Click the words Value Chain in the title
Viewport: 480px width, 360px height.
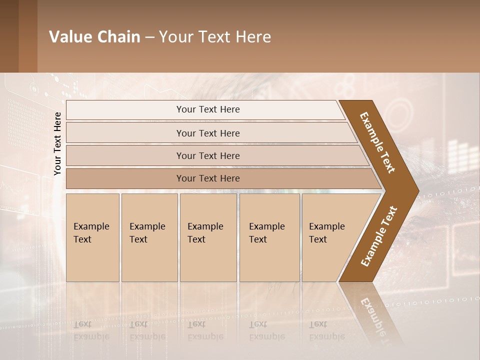point(94,37)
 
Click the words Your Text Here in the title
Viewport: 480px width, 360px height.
point(215,37)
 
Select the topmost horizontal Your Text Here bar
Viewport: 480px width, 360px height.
point(207,109)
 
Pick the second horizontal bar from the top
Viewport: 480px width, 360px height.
point(207,133)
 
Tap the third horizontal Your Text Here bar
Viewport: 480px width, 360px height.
point(207,155)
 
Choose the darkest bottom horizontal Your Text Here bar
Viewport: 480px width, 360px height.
point(207,178)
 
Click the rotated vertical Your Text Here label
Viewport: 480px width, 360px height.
point(57,143)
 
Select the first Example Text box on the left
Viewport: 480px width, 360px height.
point(92,237)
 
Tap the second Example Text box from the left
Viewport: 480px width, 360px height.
point(149,237)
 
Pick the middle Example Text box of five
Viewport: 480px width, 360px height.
point(208,237)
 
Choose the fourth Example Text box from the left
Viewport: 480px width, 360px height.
point(269,237)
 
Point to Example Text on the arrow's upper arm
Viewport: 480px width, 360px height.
point(377,142)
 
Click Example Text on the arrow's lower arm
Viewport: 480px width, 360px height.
point(379,236)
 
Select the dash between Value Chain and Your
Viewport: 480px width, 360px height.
point(149,37)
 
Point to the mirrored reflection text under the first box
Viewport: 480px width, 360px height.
point(91,330)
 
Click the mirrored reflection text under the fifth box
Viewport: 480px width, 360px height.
point(326,330)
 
